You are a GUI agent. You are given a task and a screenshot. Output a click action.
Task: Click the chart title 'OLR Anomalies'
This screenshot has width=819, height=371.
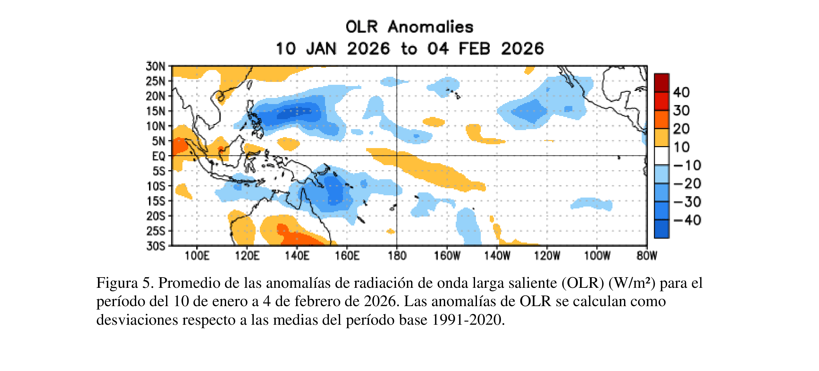409,27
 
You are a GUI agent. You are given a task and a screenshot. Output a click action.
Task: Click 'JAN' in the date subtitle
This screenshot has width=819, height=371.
321,49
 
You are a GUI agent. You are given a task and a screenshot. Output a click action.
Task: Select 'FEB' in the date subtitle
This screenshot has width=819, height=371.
474,49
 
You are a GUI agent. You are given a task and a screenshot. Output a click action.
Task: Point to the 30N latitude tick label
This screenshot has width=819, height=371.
155,66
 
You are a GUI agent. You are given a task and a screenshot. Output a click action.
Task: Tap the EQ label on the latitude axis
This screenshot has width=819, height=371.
158,156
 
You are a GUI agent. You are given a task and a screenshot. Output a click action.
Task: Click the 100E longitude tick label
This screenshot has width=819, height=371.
197,256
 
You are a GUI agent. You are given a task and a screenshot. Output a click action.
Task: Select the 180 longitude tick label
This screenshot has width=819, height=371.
397,256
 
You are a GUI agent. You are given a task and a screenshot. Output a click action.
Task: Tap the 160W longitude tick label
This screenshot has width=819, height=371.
447,256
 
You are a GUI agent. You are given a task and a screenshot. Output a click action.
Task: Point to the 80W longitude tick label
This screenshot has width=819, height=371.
647,256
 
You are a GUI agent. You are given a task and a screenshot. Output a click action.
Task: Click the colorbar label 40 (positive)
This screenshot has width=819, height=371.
681,93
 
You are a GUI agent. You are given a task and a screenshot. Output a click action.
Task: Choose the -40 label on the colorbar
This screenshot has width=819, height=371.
687,220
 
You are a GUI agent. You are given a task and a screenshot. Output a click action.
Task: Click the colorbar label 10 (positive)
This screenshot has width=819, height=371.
681,147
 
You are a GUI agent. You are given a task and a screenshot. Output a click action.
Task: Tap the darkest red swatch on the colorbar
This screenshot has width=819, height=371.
661,83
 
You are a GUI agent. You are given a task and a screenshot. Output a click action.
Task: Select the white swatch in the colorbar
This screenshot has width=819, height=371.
661,156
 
